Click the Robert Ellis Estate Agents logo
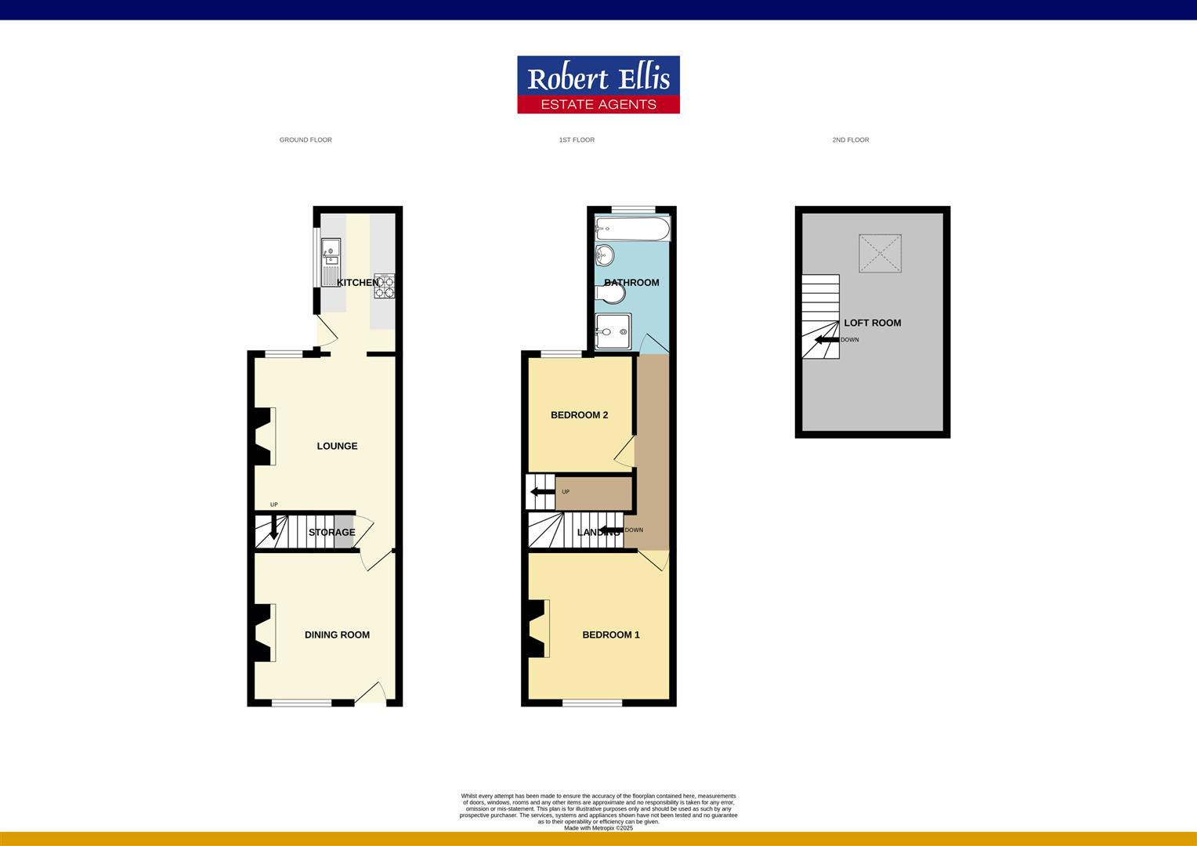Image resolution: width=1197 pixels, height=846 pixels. click(x=598, y=85)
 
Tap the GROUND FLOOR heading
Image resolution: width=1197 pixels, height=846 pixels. click(x=306, y=140)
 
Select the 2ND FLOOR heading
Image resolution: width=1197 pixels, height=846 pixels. click(x=850, y=140)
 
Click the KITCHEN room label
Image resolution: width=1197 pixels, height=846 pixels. click(x=357, y=282)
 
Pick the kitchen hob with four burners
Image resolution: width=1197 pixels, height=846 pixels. click(x=385, y=286)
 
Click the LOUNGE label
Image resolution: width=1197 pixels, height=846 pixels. click(x=337, y=446)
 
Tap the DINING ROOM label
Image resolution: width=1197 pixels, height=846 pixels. click(x=337, y=634)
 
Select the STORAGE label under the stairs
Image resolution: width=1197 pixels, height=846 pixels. click(x=331, y=532)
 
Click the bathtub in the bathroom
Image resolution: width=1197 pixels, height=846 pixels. click(x=632, y=230)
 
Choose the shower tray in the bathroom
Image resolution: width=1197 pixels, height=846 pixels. click(x=612, y=332)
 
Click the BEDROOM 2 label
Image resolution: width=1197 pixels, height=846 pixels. click(x=579, y=415)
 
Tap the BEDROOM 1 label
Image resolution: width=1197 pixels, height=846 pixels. click(x=610, y=634)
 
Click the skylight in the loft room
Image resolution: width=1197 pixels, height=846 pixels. click(x=880, y=253)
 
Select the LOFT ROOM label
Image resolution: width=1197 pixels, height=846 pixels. click(x=872, y=323)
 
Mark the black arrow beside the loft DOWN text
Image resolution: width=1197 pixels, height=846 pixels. click(x=826, y=340)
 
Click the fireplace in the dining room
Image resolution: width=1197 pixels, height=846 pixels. click(x=264, y=632)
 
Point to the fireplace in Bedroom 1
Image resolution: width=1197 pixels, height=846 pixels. click(x=539, y=628)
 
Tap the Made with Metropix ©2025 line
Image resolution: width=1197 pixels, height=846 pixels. click(x=598, y=828)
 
